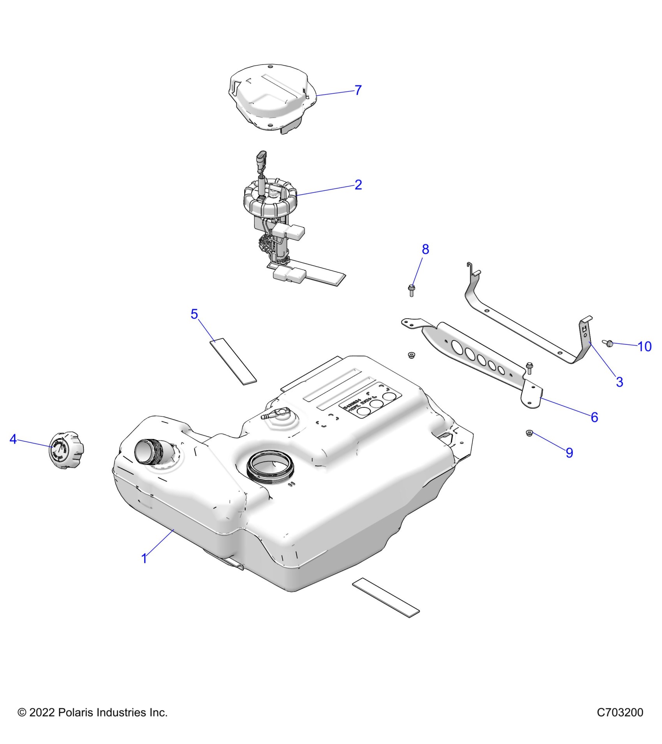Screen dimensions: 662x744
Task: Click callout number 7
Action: coord(358,90)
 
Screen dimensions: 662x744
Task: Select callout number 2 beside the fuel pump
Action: coord(358,184)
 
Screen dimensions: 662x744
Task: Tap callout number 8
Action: coord(425,249)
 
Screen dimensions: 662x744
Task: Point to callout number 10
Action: coord(644,346)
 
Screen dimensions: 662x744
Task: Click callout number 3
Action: coord(620,382)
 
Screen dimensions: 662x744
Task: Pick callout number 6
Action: coord(594,417)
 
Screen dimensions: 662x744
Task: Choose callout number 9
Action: coord(569,453)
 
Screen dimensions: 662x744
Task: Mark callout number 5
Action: coord(194,314)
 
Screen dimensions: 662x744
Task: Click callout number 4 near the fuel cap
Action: coord(13,439)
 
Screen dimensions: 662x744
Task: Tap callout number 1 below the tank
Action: coord(144,558)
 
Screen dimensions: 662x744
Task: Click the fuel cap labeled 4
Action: coord(66,450)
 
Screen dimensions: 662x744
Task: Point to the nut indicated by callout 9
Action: coord(529,433)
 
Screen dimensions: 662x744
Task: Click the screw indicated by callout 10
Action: coord(609,343)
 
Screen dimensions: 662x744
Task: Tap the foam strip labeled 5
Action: coord(233,361)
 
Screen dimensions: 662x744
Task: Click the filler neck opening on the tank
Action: coord(146,451)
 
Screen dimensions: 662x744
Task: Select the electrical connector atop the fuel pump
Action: coord(262,158)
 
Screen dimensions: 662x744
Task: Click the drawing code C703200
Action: coord(620,712)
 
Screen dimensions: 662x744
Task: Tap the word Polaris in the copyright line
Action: coord(76,712)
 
